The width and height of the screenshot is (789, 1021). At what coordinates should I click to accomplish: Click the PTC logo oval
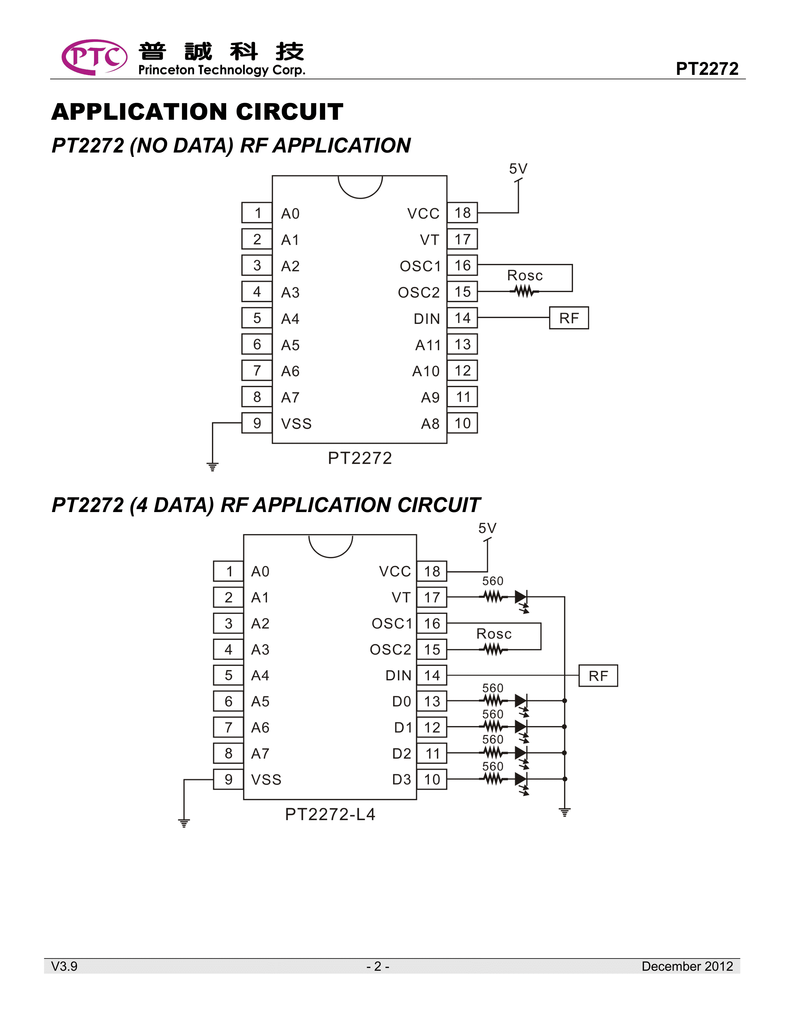pyautogui.click(x=94, y=57)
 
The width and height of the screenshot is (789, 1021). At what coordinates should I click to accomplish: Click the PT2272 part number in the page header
pyautogui.click(x=707, y=69)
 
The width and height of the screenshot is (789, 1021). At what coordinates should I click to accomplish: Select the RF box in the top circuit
pyautogui.click(x=568, y=318)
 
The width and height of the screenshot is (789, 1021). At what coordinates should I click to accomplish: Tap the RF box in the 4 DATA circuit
pyautogui.click(x=598, y=675)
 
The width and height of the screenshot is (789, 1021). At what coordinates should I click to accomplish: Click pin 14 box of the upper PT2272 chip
pyautogui.click(x=462, y=318)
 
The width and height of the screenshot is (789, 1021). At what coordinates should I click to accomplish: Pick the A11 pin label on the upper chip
pyautogui.click(x=428, y=345)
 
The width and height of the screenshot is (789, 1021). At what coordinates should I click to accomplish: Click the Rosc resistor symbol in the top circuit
pyautogui.click(x=524, y=292)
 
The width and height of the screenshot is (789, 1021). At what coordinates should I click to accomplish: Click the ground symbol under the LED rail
pyautogui.click(x=565, y=812)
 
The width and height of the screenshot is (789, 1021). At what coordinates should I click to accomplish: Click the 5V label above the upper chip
pyautogui.click(x=518, y=169)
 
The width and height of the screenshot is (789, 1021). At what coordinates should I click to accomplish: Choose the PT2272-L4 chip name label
pyautogui.click(x=330, y=814)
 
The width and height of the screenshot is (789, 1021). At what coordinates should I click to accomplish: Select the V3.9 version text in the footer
pyautogui.click(x=64, y=966)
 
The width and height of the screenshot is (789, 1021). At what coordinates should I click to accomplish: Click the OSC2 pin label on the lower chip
pyautogui.click(x=390, y=649)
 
